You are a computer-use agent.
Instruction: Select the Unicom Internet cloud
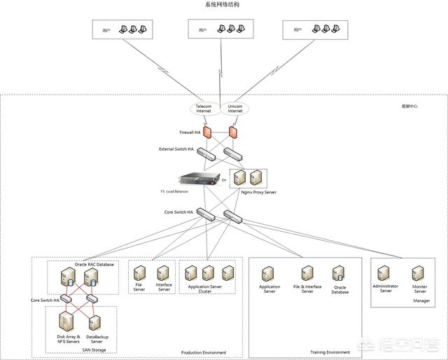(x=235, y=109)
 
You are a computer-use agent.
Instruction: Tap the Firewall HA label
(x=190, y=132)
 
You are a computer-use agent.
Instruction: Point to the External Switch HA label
(x=176, y=149)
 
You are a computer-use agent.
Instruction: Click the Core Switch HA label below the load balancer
(x=180, y=212)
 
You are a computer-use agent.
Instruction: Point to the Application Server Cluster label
(x=204, y=289)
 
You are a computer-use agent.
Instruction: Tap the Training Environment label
(x=330, y=352)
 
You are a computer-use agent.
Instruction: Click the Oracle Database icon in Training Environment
(x=340, y=273)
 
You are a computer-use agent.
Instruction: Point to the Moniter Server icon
(x=419, y=272)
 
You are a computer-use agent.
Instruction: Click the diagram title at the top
(x=222, y=5)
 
